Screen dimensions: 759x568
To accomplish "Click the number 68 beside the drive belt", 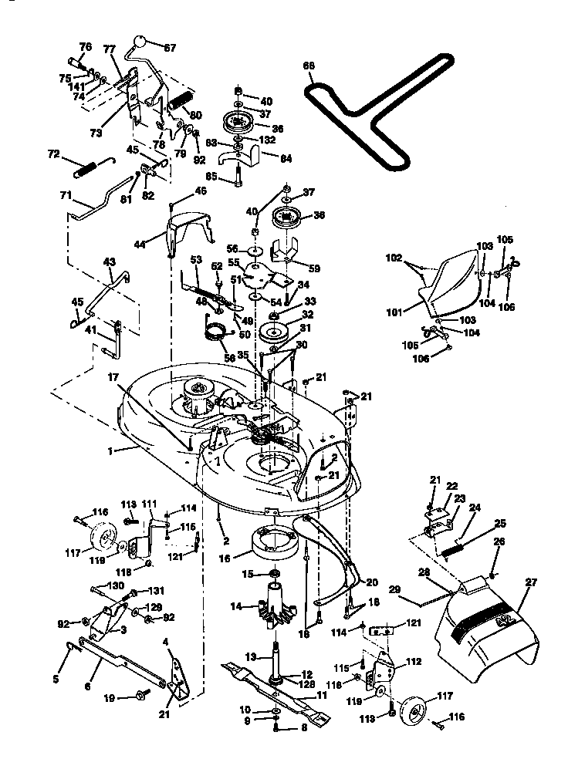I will [x=309, y=67].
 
